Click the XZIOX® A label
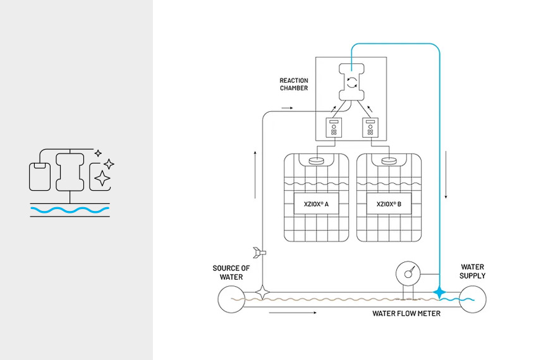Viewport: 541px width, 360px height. click(x=316, y=204)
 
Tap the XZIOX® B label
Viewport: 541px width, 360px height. click(x=389, y=204)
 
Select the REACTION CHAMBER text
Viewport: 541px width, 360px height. click(x=294, y=84)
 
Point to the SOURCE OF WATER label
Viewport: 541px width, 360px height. click(x=231, y=272)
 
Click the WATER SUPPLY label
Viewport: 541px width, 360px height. click(x=473, y=272)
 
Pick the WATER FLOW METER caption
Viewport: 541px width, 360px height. click(x=406, y=313)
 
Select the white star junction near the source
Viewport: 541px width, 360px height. click(x=262, y=293)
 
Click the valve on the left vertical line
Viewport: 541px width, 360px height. click(x=259, y=252)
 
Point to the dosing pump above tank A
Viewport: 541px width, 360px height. click(x=333, y=128)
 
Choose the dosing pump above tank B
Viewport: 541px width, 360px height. click(x=369, y=128)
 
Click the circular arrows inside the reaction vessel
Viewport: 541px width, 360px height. click(x=351, y=82)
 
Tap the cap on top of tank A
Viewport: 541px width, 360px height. click(x=316, y=160)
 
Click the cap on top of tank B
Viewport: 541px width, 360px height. click(x=389, y=160)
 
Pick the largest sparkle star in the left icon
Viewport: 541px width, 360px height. click(x=101, y=179)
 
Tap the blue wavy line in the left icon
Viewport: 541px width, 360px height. click(x=70, y=209)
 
